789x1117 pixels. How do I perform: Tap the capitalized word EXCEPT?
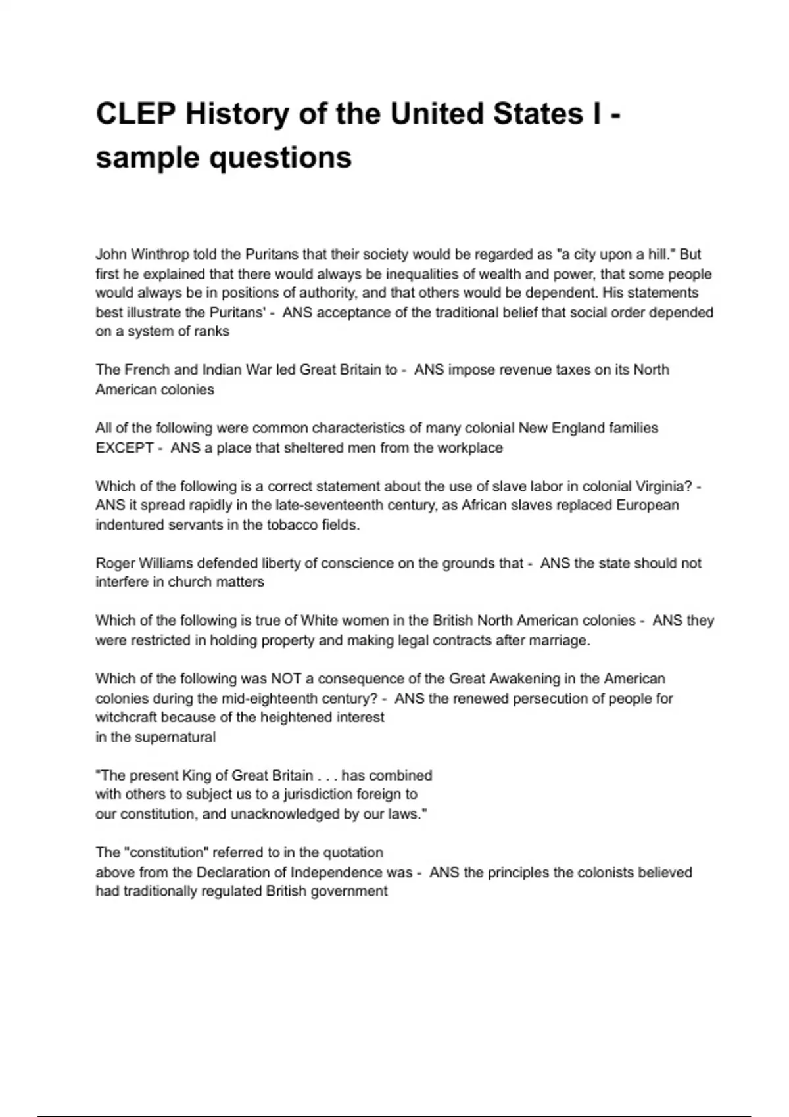click(124, 447)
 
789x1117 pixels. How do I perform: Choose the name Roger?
click(116, 563)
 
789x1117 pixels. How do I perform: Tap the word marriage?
click(558, 640)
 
